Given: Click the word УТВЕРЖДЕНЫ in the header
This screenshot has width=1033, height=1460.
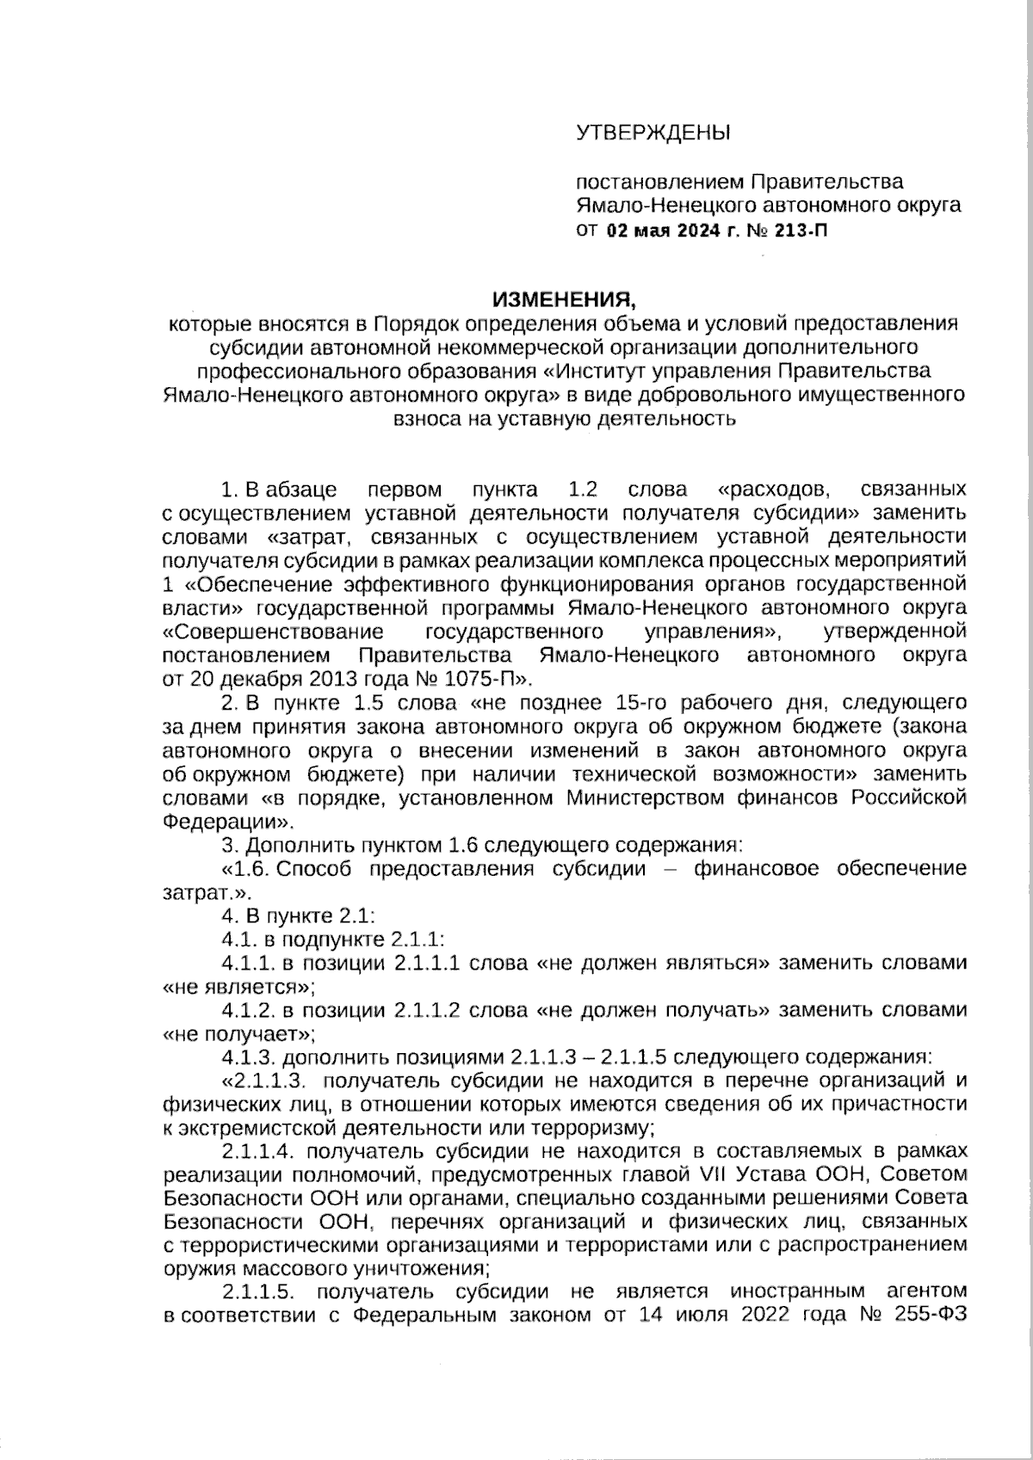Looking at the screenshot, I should [652, 132].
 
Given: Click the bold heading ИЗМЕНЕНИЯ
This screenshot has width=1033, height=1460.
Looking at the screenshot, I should [563, 299].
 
